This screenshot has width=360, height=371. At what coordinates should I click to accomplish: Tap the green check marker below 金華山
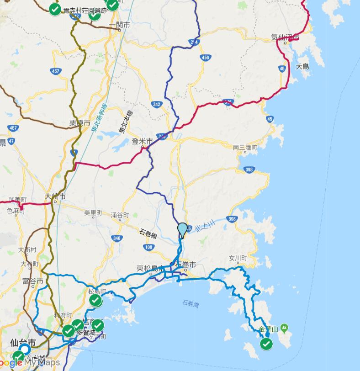(266, 344)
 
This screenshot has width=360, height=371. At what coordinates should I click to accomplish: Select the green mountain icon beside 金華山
(284, 328)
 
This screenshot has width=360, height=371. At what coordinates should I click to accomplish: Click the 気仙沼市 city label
(285, 37)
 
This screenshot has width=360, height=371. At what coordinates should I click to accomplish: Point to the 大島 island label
(302, 67)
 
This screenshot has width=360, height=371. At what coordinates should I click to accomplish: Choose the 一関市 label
(120, 25)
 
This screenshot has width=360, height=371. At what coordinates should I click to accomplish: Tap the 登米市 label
(142, 142)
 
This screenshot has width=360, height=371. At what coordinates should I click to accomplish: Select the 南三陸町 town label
(245, 148)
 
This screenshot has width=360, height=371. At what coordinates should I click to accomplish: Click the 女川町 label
(238, 258)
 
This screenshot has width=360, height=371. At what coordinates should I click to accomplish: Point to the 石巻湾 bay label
(191, 303)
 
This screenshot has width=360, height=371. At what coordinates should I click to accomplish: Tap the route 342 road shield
(157, 104)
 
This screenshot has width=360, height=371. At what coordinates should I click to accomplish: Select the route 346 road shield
(116, 238)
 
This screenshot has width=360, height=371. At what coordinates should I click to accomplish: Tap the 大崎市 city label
(55, 196)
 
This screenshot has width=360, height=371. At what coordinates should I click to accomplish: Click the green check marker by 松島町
(95, 301)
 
